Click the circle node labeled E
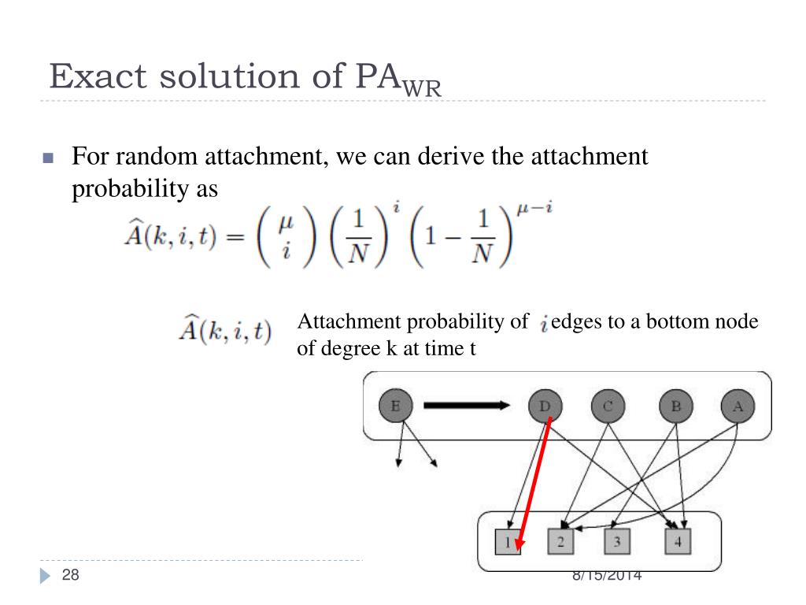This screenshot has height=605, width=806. tap(395, 406)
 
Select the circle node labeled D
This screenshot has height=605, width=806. tap(545, 406)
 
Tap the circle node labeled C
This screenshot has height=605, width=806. tap(608, 406)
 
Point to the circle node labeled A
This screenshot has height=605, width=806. tap(738, 406)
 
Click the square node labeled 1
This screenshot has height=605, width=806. tap(508, 542)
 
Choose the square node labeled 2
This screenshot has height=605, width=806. tap(560, 542)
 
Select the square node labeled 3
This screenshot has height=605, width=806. tap(617, 542)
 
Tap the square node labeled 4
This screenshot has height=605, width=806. tap(678, 542)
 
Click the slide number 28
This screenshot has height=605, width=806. tap(71, 576)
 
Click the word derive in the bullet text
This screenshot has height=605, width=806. tap(446, 157)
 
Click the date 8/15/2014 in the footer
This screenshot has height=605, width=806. tap(607, 576)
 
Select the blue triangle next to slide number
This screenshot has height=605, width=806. tap(45, 577)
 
